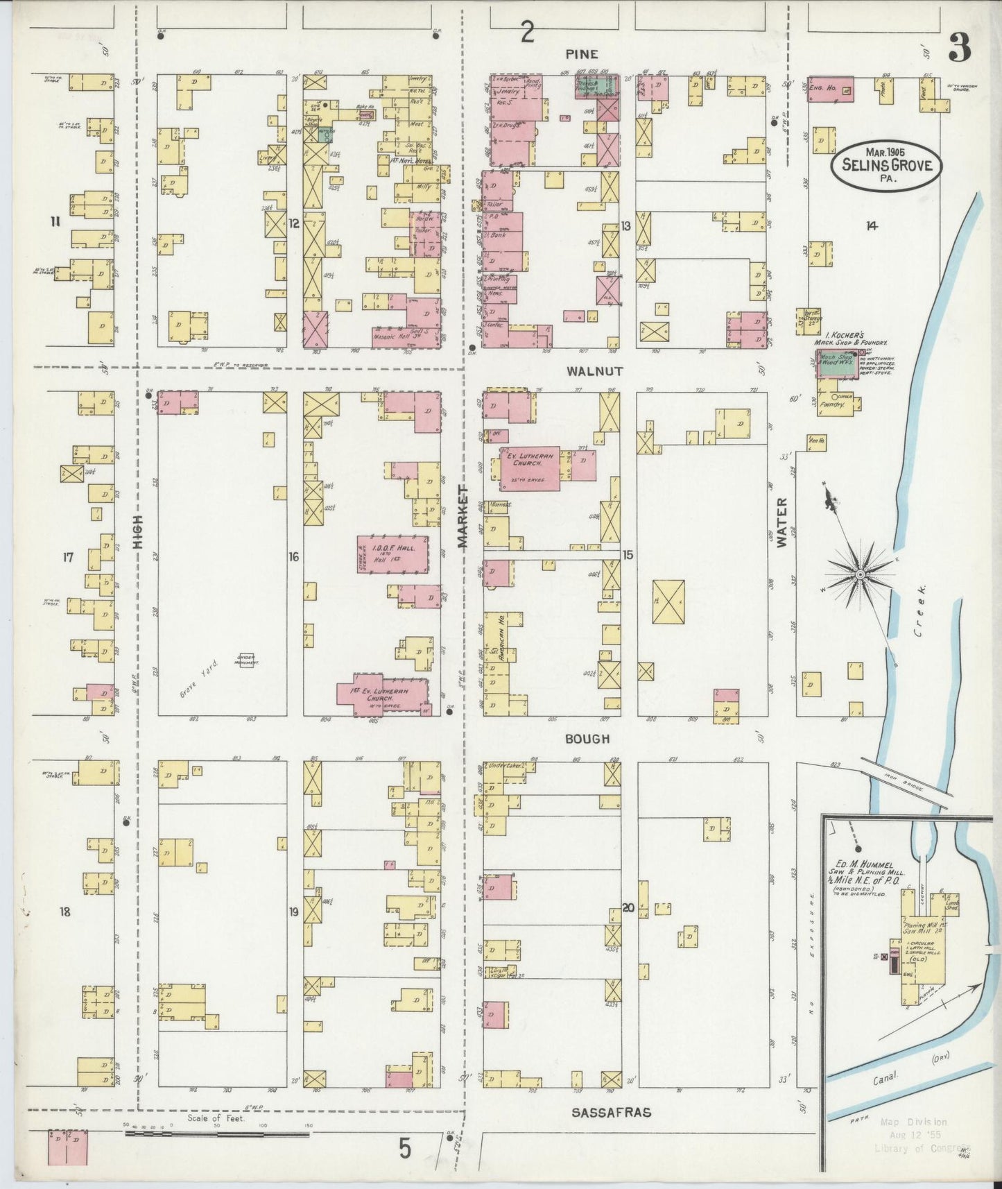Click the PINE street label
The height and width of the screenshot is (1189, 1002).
[x=581, y=54]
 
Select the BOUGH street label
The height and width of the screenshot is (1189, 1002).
[x=587, y=739]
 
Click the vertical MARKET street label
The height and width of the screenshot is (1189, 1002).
[x=463, y=517]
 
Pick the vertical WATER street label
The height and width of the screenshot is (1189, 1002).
[x=782, y=522]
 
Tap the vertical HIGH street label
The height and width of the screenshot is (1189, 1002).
[x=137, y=533]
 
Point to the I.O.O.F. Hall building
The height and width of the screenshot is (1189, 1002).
[x=393, y=554]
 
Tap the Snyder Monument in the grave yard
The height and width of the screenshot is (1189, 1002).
[x=246, y=660]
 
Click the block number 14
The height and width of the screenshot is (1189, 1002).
[x=872, y=225]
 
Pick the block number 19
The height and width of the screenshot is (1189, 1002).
[x=293, y=912]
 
